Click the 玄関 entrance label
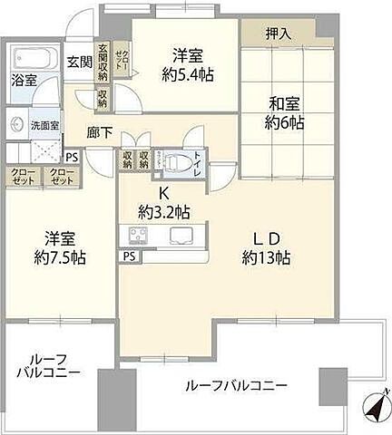[x=80, y=63]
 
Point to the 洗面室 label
[x=44, y=125]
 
